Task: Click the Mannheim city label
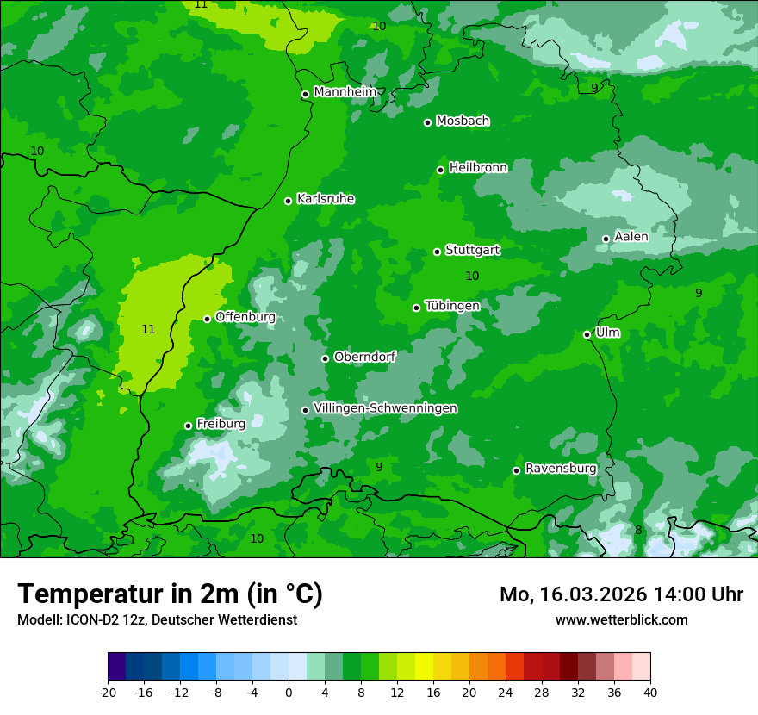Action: pyautogui.click(x=345, y=92)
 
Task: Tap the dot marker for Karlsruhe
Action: pyautogui.click(x=288, y=201)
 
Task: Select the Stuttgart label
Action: pyautogui.click(x=472, y=250)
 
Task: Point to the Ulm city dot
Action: pyautogui.click(x=587, y=334)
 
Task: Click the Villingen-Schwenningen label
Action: pyautogui.click(x=385, y=408)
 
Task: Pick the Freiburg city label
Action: pyautogui.click(x=221, y=424)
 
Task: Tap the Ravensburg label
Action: pyautogui.click(x=560, y=469)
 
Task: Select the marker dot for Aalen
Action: pyautogui.click(x=606, y=239)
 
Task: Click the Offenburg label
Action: pyautogui.click(x=245, y=317)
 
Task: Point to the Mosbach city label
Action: pyautogui.click(x=462, y=121)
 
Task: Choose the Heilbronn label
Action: pyautogui.click(x=477, y=168)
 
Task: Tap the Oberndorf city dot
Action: pyautogui.click(x=325, y=358)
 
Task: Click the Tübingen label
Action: pyautogui.click(x=451, y=306)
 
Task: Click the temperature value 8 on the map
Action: pyautogui.click(x=638, y=530)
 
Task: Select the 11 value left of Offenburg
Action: pyautogui.click(x=148, y=329)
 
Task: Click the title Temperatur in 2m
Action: pyautogui.click(x=170, y=594)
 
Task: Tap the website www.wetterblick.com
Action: pyautogui.click(x=621, y=619)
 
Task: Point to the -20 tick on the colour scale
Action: pyautogui.click(x=108, y=692)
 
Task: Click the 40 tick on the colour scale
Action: pyautogui.click(x=650, y=692)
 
